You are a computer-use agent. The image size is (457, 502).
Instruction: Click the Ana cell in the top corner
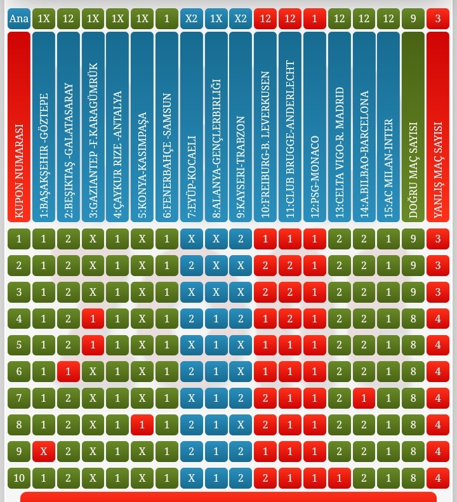[19, 18]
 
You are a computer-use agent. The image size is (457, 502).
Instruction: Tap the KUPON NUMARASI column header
[19, 127]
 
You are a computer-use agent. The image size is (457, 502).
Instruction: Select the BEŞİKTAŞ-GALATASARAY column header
[69, 127]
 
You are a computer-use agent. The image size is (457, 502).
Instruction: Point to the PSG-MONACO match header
[315, 127]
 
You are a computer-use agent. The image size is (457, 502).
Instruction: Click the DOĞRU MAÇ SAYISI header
[413, 127]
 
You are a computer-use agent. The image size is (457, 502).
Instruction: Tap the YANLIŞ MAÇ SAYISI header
[438, 127]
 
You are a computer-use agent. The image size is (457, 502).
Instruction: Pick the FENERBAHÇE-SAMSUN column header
[167, 127]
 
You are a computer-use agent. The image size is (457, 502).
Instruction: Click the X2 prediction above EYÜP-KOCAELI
[192, 18]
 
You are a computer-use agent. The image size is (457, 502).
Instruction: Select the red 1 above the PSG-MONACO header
[315, 18]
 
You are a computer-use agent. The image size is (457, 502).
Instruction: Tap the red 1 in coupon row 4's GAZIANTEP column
[93, 319]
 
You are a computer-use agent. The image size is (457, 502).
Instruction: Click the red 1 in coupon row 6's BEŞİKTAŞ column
[69, 371]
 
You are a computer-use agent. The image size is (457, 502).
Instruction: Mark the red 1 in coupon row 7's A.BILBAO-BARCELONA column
[364, 398]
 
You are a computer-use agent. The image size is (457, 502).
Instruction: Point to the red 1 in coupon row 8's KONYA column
[142, 425]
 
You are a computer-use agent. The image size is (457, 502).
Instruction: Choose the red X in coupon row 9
[44, 451]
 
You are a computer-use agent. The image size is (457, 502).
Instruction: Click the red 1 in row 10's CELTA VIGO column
[340, 478]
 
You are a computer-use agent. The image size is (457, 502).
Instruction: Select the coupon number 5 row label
[19, 345]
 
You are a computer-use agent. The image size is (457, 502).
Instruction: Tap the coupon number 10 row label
[19, 478]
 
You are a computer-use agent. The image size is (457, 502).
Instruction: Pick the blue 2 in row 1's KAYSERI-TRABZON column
[241, 239]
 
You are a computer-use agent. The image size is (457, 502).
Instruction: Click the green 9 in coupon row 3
[413, 292]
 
